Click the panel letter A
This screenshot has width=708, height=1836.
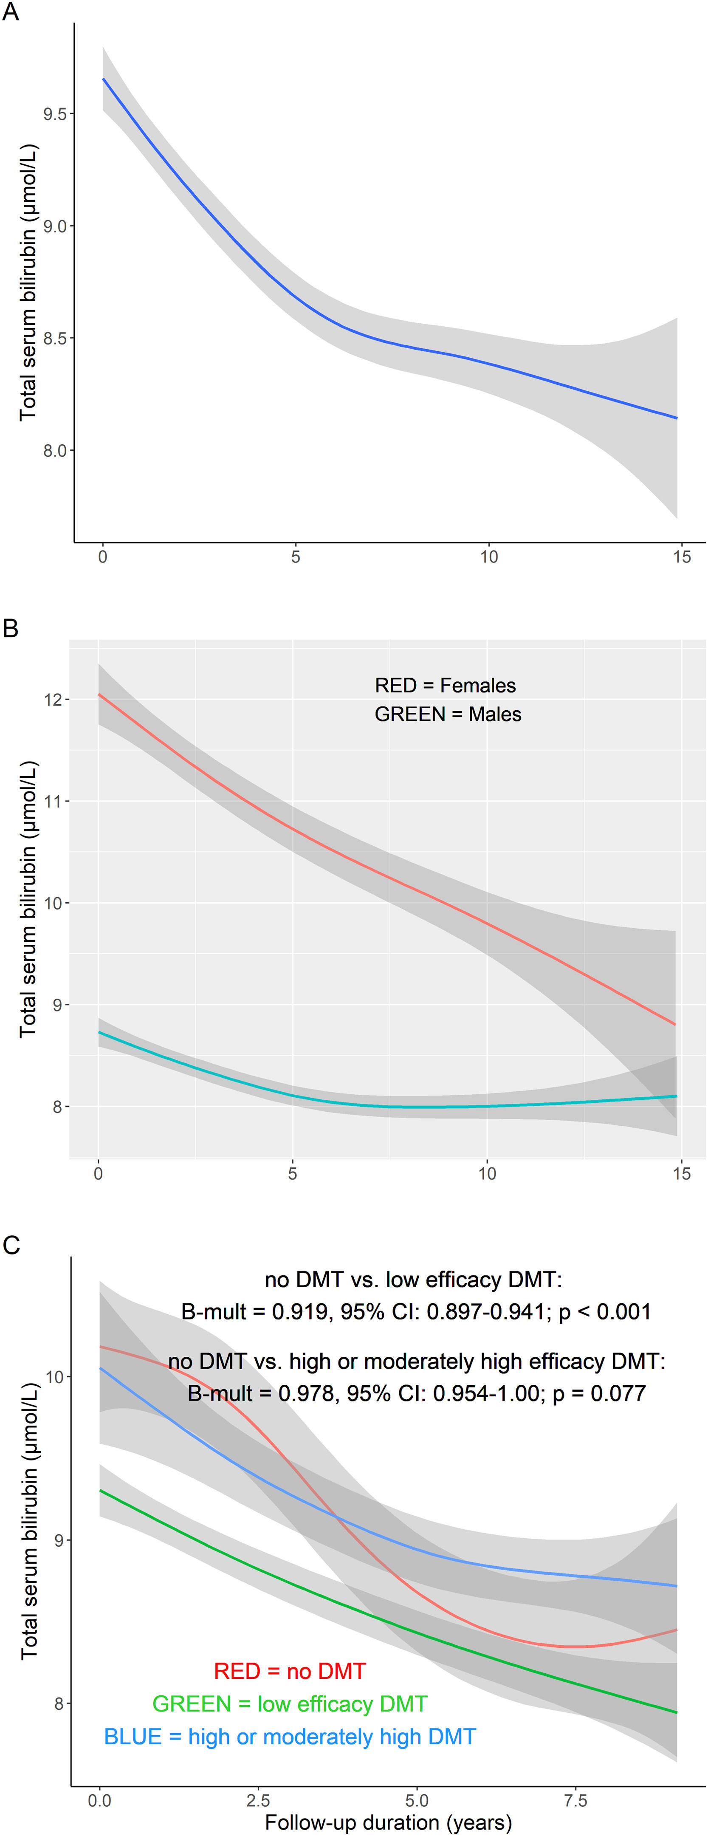coord(10,12)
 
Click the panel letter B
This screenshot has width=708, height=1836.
coord(10,629)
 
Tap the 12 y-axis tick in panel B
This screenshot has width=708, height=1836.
coord(54,699)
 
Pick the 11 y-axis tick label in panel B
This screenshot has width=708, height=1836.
coord(54,801)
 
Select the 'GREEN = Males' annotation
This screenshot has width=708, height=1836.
coord(448,714)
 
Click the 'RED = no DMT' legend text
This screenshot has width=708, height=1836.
coord(290,1671)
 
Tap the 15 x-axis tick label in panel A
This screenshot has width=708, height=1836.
coord(682,556)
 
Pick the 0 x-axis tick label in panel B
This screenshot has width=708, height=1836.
coord(98,1173)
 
